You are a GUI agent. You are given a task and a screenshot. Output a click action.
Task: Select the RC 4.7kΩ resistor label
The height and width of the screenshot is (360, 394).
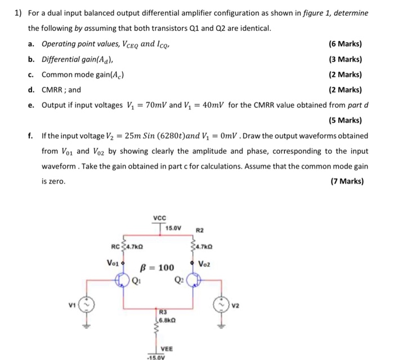click(127, 246)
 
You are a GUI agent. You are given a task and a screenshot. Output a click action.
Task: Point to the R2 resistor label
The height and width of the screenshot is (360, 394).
click(200, 230)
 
